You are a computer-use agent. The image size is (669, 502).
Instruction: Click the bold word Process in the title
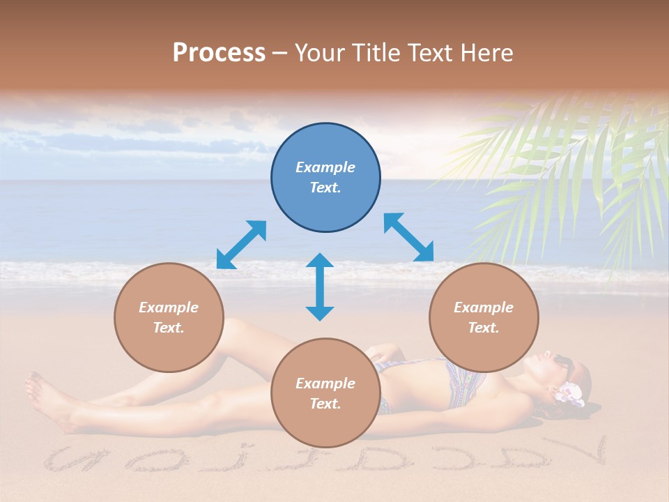click(219, 53)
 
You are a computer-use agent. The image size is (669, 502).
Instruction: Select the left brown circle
click(169, 317)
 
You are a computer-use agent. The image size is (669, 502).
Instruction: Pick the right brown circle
click(484, 317)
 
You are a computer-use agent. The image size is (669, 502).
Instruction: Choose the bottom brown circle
click(325, 393)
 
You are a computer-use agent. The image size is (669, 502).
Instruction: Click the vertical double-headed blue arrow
click(320, 287)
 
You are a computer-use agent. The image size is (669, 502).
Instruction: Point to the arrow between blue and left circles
click(241, 244)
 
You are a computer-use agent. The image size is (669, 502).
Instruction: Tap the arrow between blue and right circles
click(408, 237)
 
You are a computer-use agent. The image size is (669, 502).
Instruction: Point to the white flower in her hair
click(570, 393)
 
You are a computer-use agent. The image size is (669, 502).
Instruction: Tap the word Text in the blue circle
click(325, 188)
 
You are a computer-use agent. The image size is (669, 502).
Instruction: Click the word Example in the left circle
click(169, 307)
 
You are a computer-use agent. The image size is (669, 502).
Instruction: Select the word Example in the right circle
click(484, 307)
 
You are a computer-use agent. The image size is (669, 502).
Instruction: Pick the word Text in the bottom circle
click(325, 404)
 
